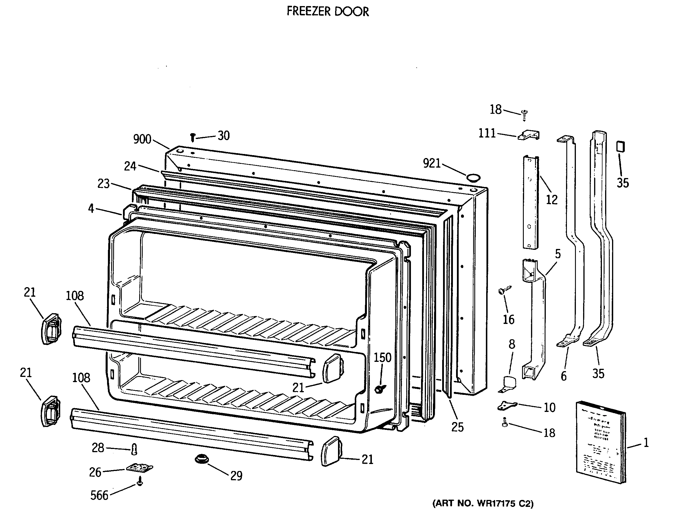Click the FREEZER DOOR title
coord(328,12)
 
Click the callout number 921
coord(432,163)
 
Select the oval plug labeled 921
coord(473,177)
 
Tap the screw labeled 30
coord(192,137)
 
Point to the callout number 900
coord(142,139)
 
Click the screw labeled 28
coord(134,449)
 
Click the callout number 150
coord(383,358)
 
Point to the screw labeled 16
coord(504,290)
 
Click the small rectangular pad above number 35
coord(620,146)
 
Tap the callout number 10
coord(550,408)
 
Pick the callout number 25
coord(457,427)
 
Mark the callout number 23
coord(104,184)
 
